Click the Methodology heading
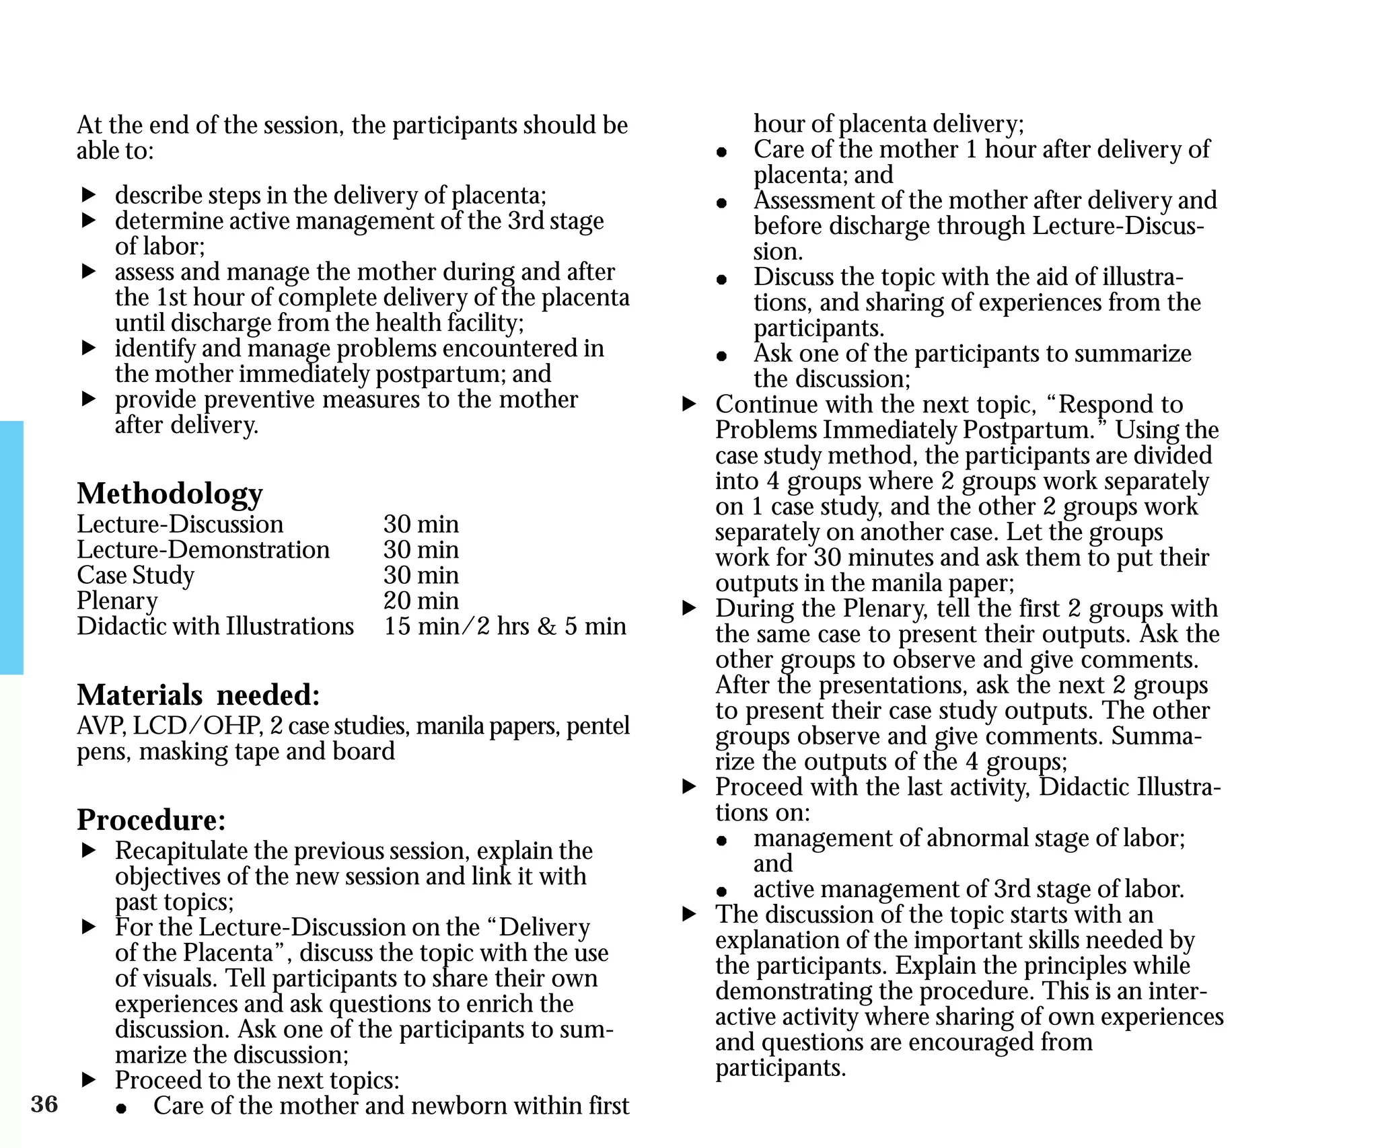coord(170,493)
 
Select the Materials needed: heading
coord(198,695)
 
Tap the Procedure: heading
coord(151,819)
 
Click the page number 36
coord(44,1104)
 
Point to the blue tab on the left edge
coord(11,547)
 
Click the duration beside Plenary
coord(421,601)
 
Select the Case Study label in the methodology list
coord(135,576)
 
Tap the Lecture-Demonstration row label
coord(203,550)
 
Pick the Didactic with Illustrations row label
coord(215,626)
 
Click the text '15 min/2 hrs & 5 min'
coord(505,626)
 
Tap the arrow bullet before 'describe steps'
coord(89,195)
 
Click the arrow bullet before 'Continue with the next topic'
coord(689,404)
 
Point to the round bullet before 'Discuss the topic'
coord(722,279)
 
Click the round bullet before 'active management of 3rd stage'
coord(722,892)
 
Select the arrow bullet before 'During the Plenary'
coord(689,608)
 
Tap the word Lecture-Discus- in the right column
coord(1118,226)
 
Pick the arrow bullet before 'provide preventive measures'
coord(89,399)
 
